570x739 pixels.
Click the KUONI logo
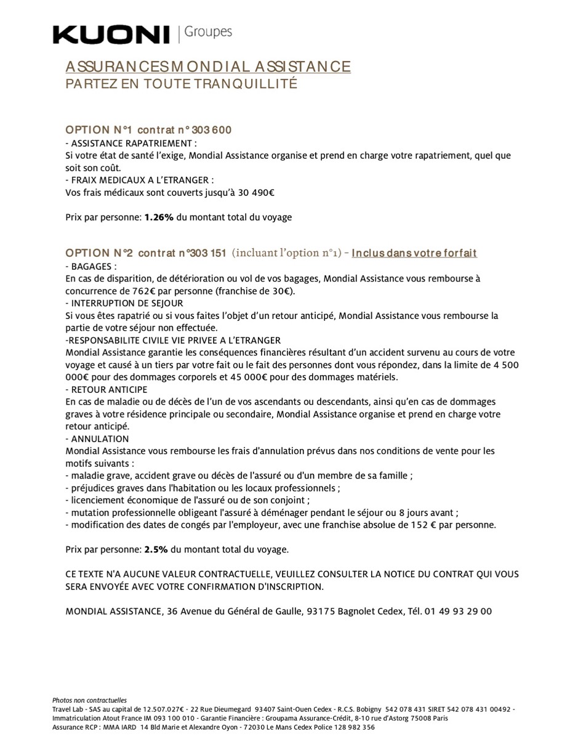(111, 35)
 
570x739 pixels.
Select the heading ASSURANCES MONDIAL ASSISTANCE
(208, 67)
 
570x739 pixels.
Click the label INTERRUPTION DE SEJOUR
(127, 303)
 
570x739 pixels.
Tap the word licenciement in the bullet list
(99, 500)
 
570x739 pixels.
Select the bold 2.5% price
(156, 549)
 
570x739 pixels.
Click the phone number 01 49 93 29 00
(458, 611)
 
